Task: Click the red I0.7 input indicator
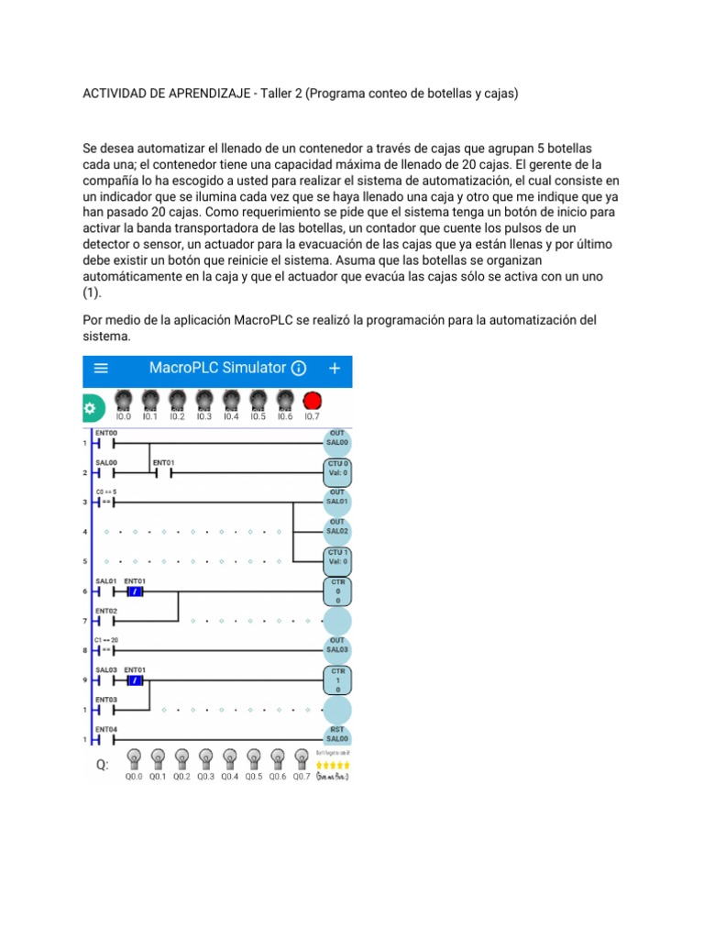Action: [x=312, y=401]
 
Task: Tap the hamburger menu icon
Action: [x=101, y=368]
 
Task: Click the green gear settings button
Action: [x=89, y=408]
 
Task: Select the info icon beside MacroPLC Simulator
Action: [x=299, y=369]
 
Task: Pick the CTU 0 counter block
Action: [x=336, y=469]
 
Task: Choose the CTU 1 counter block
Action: [x=336, y=558]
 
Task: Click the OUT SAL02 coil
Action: [x=336, y=526]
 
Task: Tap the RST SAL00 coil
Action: [x=336, y=734]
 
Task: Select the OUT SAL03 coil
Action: [x=336, y=645]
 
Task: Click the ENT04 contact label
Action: [x=106, y=729]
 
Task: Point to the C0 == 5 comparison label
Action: [x=106, y=492]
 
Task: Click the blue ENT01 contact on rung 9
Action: [x=135, y=681]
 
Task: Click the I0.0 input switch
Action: [x=124, y=401]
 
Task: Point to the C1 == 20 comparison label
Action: [x=107, y=639]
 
